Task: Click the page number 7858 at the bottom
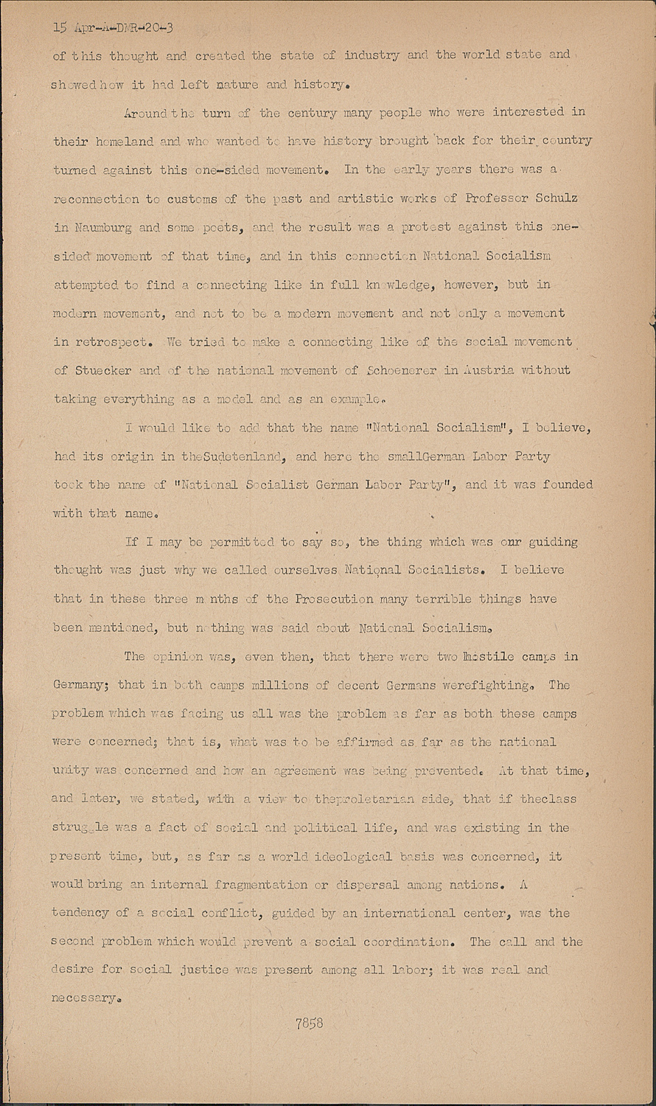309,1023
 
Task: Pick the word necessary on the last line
83,999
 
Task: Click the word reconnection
96,199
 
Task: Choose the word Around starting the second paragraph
147,113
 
